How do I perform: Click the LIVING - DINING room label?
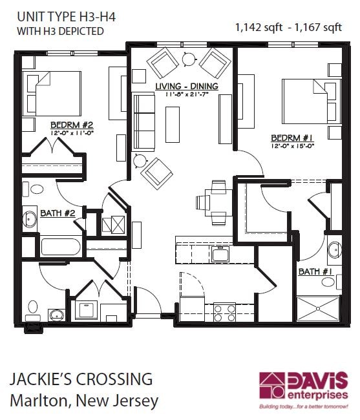[186, 86]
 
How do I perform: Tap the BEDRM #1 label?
[292, 137]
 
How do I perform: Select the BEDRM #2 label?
[72, 125]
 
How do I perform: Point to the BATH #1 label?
[315, 272]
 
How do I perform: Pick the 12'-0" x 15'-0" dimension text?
[292, 145]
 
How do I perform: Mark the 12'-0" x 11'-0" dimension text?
[72, 133]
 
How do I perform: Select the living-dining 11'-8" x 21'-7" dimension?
[186, 94]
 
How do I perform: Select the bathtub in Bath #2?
[61, 247]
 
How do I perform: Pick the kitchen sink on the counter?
[222, 254]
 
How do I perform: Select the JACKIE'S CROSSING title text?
[81, 379]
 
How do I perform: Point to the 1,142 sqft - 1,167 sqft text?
[288, 26]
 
